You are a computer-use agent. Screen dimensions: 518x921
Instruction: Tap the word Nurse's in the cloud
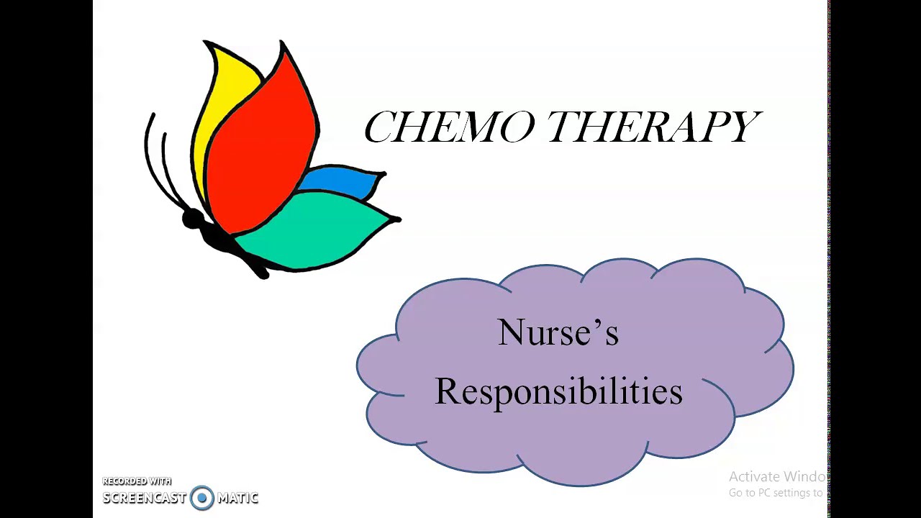558,333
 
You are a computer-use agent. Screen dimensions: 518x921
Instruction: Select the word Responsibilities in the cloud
558,391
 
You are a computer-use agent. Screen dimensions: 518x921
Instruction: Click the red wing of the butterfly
259,144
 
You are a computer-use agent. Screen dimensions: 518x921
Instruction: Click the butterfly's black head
192,219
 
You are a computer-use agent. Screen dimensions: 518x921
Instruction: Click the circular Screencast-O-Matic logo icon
202,497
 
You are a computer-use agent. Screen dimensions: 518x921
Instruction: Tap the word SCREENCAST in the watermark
144,498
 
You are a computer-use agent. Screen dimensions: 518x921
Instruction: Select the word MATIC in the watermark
237,498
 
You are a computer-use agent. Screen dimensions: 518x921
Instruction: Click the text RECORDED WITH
137,481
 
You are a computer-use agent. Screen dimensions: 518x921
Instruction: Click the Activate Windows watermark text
776,476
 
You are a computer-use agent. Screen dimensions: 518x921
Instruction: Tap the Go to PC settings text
775,493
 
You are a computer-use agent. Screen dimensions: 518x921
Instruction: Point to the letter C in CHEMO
379,127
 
